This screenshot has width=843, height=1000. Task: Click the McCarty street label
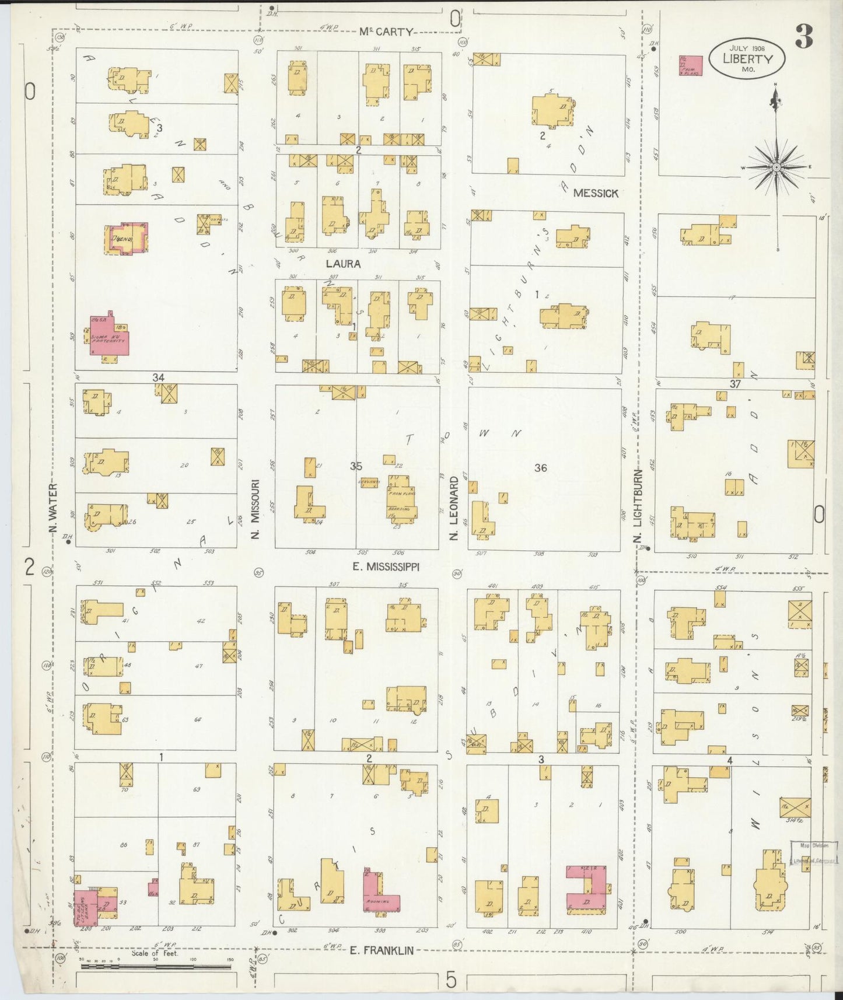tap(386, 32)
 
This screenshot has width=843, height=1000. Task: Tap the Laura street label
tap(343, 264)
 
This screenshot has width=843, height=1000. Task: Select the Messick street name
tap(595, 193)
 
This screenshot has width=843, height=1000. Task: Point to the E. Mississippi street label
tap(386, 567)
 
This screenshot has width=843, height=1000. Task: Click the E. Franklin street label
tap(382, 950)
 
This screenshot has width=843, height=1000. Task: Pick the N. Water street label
tap(53, 508)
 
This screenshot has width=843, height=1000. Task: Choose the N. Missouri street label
tap(256, 509)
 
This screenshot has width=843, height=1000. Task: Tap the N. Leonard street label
tap(454, 508)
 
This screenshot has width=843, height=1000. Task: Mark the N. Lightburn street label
tap(638, 505)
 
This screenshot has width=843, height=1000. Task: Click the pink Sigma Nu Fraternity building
tap(109, 337)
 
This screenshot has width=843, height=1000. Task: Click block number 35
tap(356, 466)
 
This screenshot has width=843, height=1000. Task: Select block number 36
tap(540, 467)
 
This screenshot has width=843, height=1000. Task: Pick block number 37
tap(734, 383)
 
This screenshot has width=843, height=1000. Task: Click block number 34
tap(158, 377)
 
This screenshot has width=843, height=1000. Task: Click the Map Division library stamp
tap(814, 853)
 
